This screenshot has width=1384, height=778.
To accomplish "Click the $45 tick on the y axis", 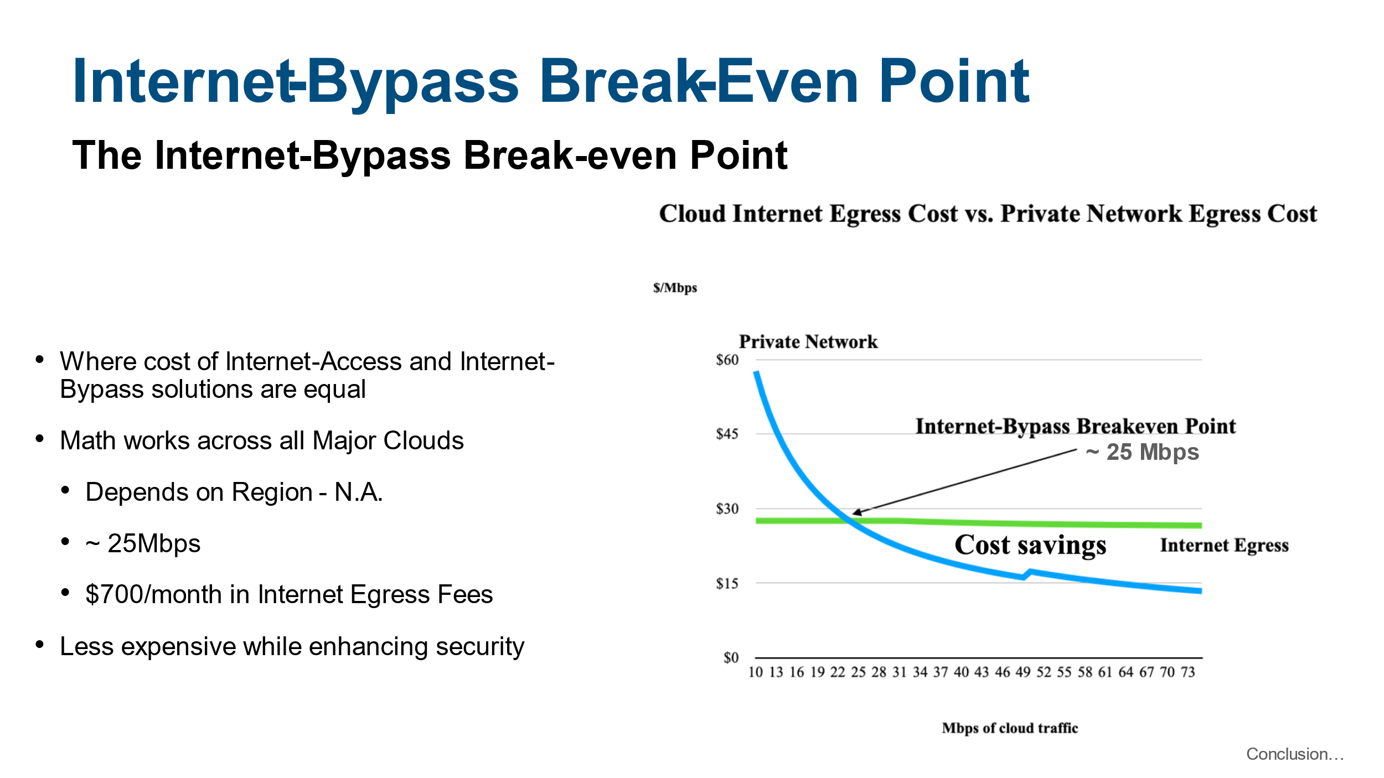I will (x=727, y=434).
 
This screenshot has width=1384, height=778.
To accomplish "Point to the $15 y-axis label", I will (x=727, y=583).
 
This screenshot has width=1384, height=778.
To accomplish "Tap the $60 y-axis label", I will (x=727, y=360).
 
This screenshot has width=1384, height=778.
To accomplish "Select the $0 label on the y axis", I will (x=731, y=657).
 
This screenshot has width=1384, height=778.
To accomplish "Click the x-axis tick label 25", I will (x=858, y=672).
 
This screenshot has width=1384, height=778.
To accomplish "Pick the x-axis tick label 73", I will (x=1188, y=672).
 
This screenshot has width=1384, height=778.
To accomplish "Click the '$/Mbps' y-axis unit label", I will (x=675, y=288).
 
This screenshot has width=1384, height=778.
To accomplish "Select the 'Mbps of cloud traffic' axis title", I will (x=1010, y=728).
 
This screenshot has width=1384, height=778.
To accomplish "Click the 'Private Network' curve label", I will (x=808, y=342).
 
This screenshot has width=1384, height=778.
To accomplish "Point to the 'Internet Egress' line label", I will (x=1224, y=546).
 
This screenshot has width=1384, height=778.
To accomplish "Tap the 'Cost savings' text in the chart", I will (x=1030, y=545).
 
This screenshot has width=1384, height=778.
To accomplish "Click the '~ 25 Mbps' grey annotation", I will (x=1142, y=453).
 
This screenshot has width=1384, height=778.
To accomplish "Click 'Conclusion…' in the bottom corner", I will (x=1295, y=754).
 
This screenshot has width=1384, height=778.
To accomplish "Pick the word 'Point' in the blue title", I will (x=954, y=82).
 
